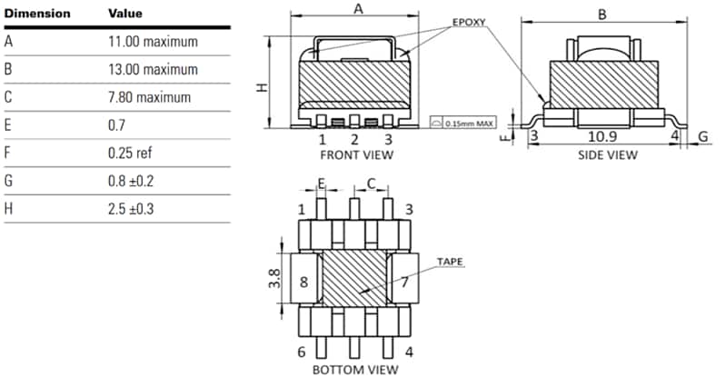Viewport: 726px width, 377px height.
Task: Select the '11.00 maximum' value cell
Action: (153, 42)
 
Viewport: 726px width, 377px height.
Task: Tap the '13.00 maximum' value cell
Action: (153, 69)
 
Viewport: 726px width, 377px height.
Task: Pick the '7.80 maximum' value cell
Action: (149, 97)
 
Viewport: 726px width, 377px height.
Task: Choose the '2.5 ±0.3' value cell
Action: (131, 209)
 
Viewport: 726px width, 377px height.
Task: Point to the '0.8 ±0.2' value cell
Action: (131, 181)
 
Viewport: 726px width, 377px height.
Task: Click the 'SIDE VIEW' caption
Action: (607, 155)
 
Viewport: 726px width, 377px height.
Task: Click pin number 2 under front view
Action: (354, 140)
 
